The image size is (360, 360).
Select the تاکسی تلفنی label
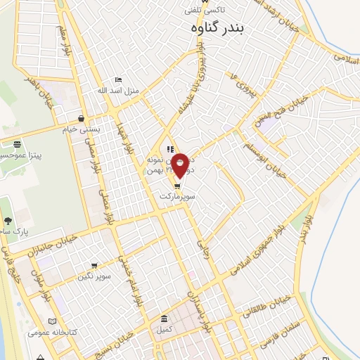[205, 11]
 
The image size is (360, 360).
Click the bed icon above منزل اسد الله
[118, 80]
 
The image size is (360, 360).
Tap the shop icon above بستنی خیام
[82, 119]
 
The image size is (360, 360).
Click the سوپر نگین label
[96, 276]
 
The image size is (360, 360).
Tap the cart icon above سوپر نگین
[94, 266]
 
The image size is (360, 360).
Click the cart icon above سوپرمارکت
[176, 187]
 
